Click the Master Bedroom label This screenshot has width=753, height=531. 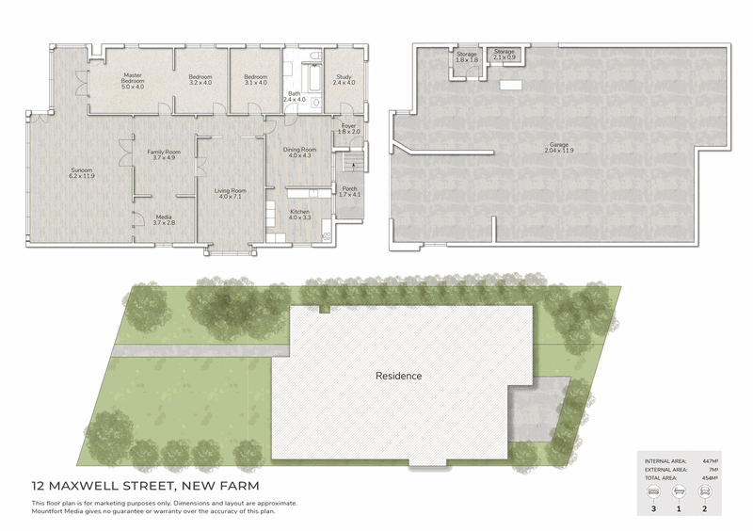click(132, 78)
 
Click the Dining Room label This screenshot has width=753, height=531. click(299, 149)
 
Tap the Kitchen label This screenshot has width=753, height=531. click(299, 212)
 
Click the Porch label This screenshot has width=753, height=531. click(349, 188)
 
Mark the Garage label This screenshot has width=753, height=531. click(560, 144)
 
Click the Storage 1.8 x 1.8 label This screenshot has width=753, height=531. click(467, 54)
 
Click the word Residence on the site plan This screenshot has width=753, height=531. click(399, 376)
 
